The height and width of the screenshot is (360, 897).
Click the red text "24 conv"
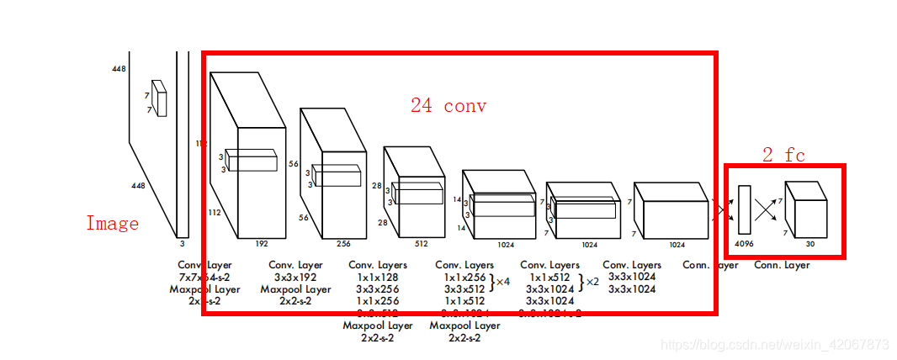point(448,106)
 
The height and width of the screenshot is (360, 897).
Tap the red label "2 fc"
point(783,155)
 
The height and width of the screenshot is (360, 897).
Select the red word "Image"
point(112,224)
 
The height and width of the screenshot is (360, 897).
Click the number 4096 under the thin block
point(745,245)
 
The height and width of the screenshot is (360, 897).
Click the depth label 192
point(262,243)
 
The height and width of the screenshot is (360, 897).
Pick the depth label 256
point(342,243)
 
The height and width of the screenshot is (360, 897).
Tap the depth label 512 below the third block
point(421,245)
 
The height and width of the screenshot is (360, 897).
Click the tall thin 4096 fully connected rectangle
point(744,209)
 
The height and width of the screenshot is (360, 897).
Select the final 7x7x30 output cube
point(805,209)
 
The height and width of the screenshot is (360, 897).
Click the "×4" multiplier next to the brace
point(502,282)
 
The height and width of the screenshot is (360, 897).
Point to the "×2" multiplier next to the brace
point(592,282)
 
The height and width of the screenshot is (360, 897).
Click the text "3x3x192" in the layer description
point(295,277)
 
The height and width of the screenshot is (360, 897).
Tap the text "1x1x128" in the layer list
point(378,277)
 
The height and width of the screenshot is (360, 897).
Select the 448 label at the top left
point(119,69)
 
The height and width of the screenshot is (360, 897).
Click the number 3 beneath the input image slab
point(182,244)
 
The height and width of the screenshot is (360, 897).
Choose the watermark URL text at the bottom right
point(774,345)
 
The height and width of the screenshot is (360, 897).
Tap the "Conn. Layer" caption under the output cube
point(782,265)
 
